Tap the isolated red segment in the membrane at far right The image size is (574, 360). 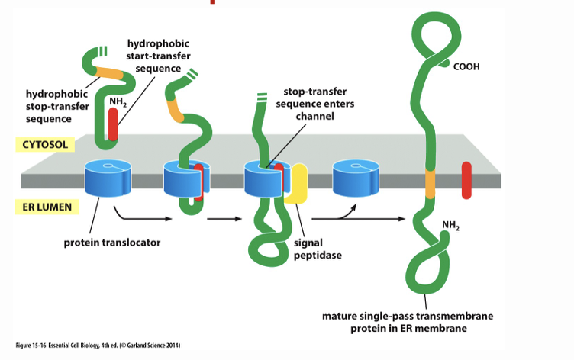click(x=466, y=179)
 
